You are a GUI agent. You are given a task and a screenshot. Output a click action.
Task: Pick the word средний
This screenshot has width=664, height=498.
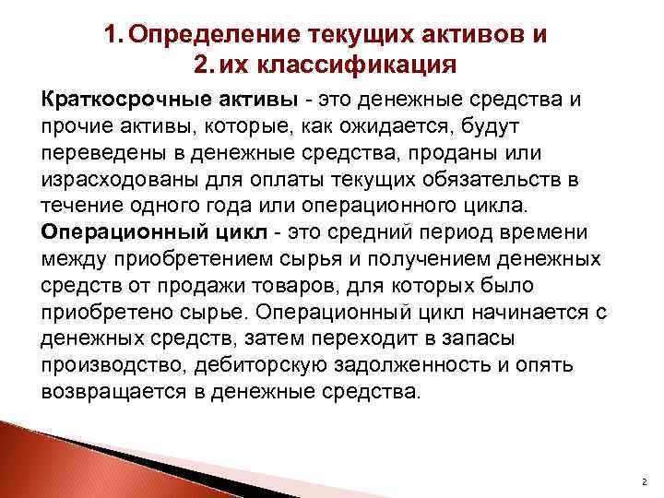pyautogui.click(x=412, y=231)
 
